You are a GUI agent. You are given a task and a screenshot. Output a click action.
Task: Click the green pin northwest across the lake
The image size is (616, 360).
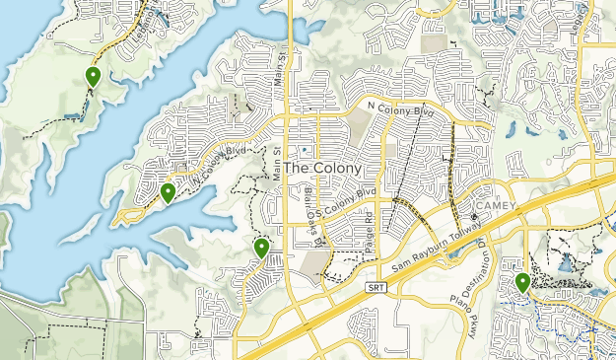click(x=93, y=76)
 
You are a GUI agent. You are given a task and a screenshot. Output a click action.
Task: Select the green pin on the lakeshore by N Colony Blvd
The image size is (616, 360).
click(x=169, y=192)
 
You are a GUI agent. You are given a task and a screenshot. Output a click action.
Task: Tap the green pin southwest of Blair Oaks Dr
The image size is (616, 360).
click(x=261, y=248)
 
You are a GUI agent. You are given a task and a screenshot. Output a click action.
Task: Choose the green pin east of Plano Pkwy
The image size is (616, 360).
click(x=522, y=283)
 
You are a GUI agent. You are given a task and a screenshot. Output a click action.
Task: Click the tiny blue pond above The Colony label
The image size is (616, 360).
click(x=305, y=149)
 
